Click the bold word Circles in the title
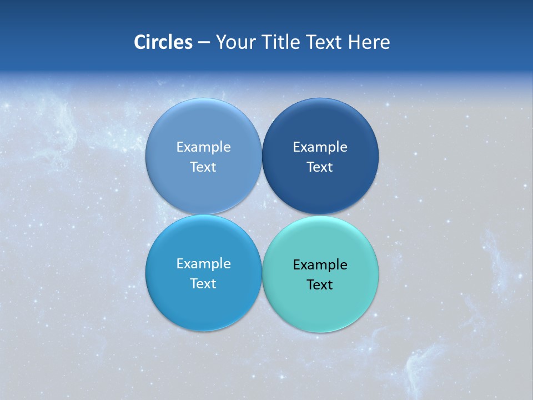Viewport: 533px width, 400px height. point(163,42)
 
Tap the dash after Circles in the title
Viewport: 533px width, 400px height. point(204,43)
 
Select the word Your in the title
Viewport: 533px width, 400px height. point(233,42)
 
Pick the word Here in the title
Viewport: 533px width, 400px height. point(369,42)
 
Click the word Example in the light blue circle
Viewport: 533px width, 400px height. point(203,147)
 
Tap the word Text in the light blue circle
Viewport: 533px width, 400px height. point(203,167)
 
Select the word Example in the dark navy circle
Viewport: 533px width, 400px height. point(320,147)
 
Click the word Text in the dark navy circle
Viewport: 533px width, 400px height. point(320,167)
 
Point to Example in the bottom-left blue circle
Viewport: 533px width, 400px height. point(203,263)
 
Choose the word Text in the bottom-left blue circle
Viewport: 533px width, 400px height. point(203,283)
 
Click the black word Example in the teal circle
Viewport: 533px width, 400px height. point(320,264)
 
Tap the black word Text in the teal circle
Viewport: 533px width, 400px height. point(320,284)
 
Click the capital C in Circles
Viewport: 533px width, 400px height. point(140,42)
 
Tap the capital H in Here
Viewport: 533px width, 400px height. point(354,42)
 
